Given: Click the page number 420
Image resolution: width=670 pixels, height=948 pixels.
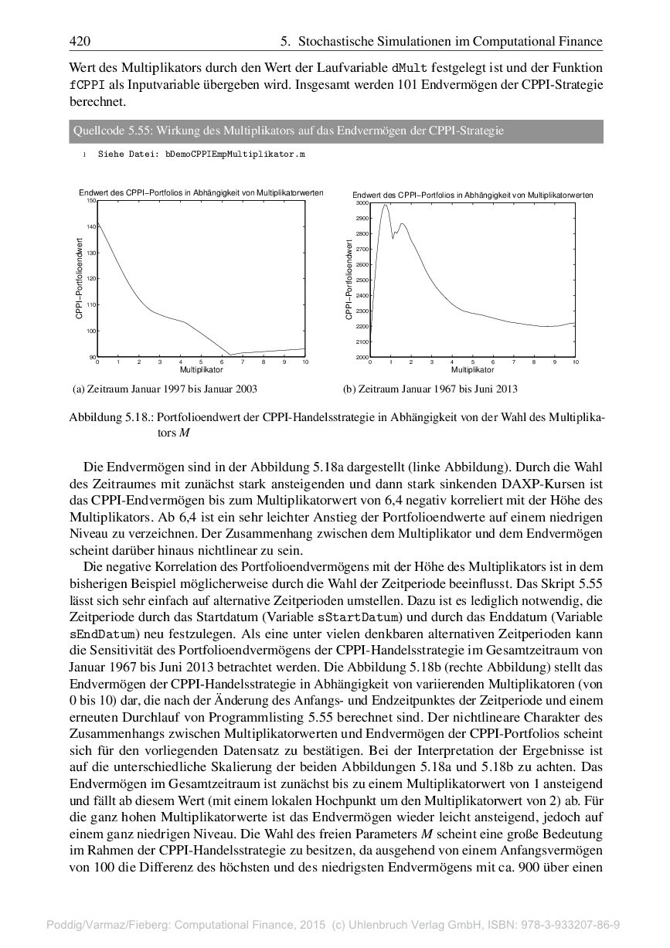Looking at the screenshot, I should tap(80, 41).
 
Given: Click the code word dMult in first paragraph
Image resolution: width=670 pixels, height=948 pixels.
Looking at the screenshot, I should tap(409, 69).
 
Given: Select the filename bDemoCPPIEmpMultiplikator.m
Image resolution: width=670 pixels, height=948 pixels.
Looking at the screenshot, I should tap(235, 155).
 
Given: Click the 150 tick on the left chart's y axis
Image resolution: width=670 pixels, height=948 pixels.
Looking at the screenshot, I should tap(90, 200).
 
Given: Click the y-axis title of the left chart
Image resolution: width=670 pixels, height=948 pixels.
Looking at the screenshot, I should tap(80, 278).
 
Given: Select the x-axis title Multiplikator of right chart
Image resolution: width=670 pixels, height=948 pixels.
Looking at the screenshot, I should tap(472, 370).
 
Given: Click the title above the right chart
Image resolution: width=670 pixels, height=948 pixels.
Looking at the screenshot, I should tap(472, 195).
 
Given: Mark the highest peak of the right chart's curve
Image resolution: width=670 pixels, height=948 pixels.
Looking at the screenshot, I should tap(385, 205).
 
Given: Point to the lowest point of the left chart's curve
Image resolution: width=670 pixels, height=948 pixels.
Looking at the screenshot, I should tap(230, 355).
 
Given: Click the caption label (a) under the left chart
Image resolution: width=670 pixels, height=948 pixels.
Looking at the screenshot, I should tap(77, 389).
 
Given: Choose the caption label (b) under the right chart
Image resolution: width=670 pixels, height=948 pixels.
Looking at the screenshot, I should tap(349, 389).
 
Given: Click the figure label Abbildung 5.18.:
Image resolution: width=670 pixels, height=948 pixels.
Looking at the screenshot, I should tap(111, 418).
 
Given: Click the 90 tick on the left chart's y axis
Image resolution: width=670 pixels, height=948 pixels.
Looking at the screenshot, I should tap(92, 358).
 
